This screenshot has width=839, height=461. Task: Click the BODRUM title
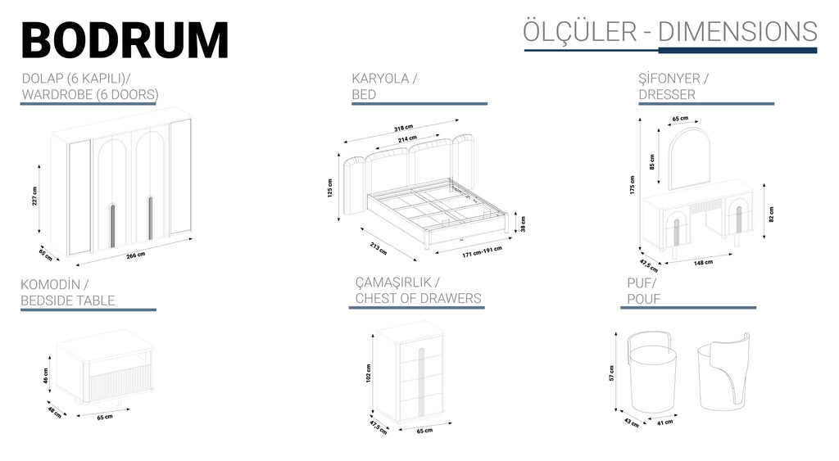tap(125, 40)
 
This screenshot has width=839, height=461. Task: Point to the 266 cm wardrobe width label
tap(135, 255)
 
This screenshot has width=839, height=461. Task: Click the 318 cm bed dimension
tap(403, 129)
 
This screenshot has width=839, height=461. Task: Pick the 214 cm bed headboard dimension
tap(408, 139)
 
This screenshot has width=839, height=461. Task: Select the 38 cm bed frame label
tap(523, 222)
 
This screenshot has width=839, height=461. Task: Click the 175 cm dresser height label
tap(632, 185)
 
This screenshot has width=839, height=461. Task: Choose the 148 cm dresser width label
tap(703, 263)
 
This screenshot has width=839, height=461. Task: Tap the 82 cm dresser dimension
tap(771, 214)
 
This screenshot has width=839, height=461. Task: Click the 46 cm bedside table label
tap(46, 376)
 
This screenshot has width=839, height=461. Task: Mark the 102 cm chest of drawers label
tap(369, 373)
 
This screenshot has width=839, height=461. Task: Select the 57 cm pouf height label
tap(611, 373)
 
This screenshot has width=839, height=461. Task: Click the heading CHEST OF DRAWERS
tap(418, 298)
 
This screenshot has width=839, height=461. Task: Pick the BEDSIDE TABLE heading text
tap(68, 301)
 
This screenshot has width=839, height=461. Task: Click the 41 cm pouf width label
tap(664, 423)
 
